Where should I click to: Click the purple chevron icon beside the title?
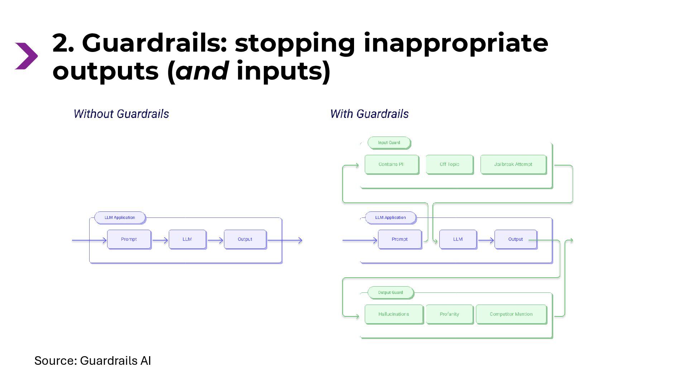[26, 56]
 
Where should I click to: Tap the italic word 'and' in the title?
[202, 71]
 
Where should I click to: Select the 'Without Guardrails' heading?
[121, 114]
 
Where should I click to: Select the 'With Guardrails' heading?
[369, 114]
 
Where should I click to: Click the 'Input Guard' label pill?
[389, 143]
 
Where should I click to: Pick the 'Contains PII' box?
[391, 164]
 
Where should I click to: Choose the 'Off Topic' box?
[449, 164]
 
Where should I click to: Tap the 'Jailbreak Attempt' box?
[513, 164]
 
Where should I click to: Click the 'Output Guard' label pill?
[390, 292]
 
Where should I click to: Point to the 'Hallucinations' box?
[393, 314]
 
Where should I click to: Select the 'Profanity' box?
[449, 314]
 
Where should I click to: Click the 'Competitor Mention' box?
[511, 314]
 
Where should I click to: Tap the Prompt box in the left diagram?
[129, 239]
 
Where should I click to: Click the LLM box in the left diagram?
[187, 239]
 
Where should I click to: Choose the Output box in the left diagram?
[245, 239]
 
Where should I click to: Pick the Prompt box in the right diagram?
[400, 239]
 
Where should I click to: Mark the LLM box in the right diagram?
[458, 239]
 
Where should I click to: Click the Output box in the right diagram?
[515, 239]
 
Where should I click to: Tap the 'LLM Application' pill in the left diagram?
[120, 218]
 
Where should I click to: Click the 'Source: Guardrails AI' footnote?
[92, 360]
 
